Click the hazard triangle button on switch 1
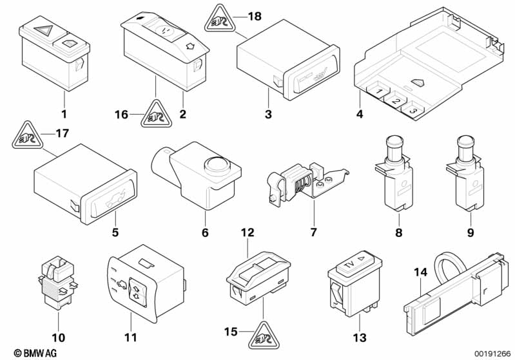point(43,30)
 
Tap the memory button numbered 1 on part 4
point(379,90)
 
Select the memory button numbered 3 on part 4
point(413,110)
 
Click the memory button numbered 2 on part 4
point(396,100)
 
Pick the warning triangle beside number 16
point(157,114)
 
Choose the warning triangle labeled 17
point(28,135)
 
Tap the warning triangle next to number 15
point(264,336)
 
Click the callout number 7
point(313,232)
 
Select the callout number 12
point(248,232)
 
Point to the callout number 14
point(420,272)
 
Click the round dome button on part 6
point(217,165)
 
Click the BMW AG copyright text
point(35,353)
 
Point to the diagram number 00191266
point(492,354)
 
